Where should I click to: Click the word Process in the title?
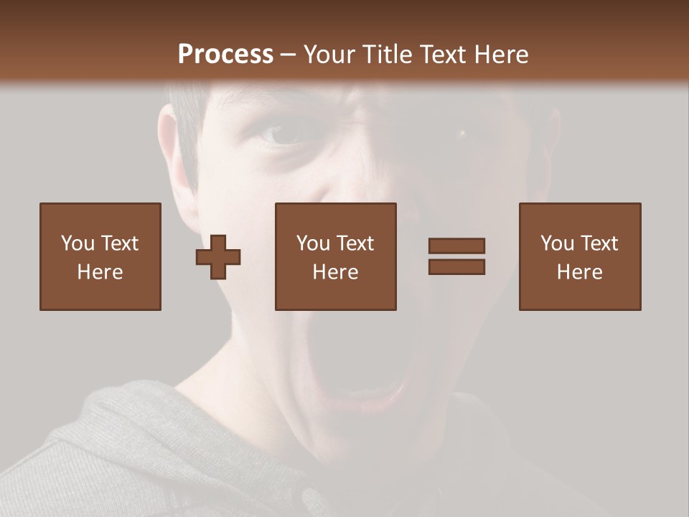(225, 55)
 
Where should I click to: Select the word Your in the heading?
(328, 55)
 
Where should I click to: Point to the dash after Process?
(289, 55)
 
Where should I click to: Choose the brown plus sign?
(218, 256)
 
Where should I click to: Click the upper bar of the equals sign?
(456, 246)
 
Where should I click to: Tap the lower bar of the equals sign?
(456, 266)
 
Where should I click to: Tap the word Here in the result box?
(580, 272)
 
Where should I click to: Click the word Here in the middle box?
(336, 272)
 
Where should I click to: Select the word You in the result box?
(556, 243)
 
